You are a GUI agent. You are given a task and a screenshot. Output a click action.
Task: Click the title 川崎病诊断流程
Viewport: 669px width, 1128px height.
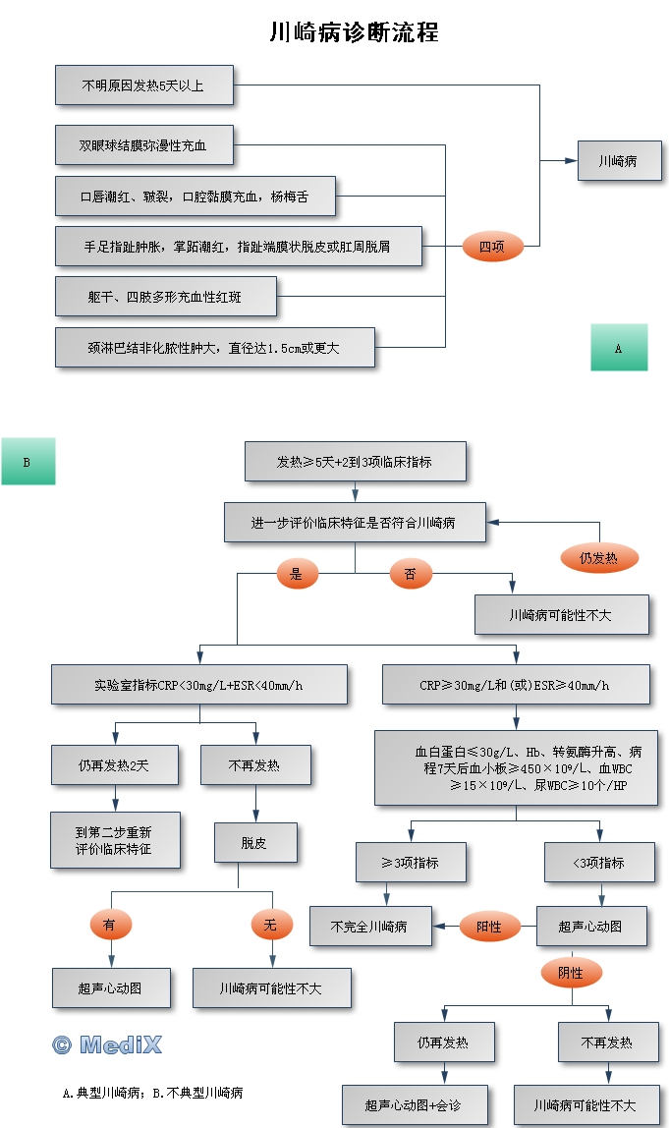pyautogui.click(x=354, y=32)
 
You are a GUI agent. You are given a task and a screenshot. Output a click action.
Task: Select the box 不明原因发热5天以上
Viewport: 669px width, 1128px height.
pyautogui.click(x=143, y=85)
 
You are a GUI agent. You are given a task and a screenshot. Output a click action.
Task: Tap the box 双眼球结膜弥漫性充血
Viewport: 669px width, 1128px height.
pyautogui.click(x=143, y=145)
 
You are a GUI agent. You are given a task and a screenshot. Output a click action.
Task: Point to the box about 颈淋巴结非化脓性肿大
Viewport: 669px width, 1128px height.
pyautogui.click(x=214, y=348)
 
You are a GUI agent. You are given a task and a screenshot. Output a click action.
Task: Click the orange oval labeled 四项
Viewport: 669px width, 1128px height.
pyautogui.click(x=491, y=247)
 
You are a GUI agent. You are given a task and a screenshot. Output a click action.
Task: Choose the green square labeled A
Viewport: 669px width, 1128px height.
pyautogui.click(x=619, y=348)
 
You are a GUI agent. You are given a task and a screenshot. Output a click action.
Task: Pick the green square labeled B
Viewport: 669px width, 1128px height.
pyautogui.click(x=28, y=462)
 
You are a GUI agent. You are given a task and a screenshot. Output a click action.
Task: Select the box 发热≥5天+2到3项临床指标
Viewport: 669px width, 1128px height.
pyautogui.click(x=355, y=462)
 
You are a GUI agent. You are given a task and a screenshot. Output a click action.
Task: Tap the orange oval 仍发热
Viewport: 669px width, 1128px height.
pyautogui.click(x=598, y=558)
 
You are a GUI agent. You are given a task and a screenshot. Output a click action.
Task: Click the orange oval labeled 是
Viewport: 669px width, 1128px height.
pyautogui.click(x=297, y=574)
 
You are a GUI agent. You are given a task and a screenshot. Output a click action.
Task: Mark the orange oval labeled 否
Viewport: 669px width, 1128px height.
pyautogui.click(x=411, y=574)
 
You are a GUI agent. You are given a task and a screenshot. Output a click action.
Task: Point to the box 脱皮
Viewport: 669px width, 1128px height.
pyautogui.click(x=253, y=842)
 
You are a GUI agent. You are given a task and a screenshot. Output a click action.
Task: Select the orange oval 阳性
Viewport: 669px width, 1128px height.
pyautogui.click(x=489, y=926)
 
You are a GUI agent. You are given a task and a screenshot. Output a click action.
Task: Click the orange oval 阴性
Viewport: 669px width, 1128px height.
pyautogui.click(x=571, y=973)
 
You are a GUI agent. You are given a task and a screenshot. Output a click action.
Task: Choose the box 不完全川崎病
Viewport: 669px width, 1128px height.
pyautogui.click(x=369, y=926)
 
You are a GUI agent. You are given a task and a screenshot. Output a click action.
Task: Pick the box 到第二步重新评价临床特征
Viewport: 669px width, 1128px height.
pyautogui.click(x=115, y=839)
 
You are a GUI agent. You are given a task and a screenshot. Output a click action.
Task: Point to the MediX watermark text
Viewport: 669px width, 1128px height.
pyautogui.click(x=106, y=1044)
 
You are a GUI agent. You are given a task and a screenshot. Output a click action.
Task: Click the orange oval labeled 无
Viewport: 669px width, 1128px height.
pyautogui.click(x=270, y=924)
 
